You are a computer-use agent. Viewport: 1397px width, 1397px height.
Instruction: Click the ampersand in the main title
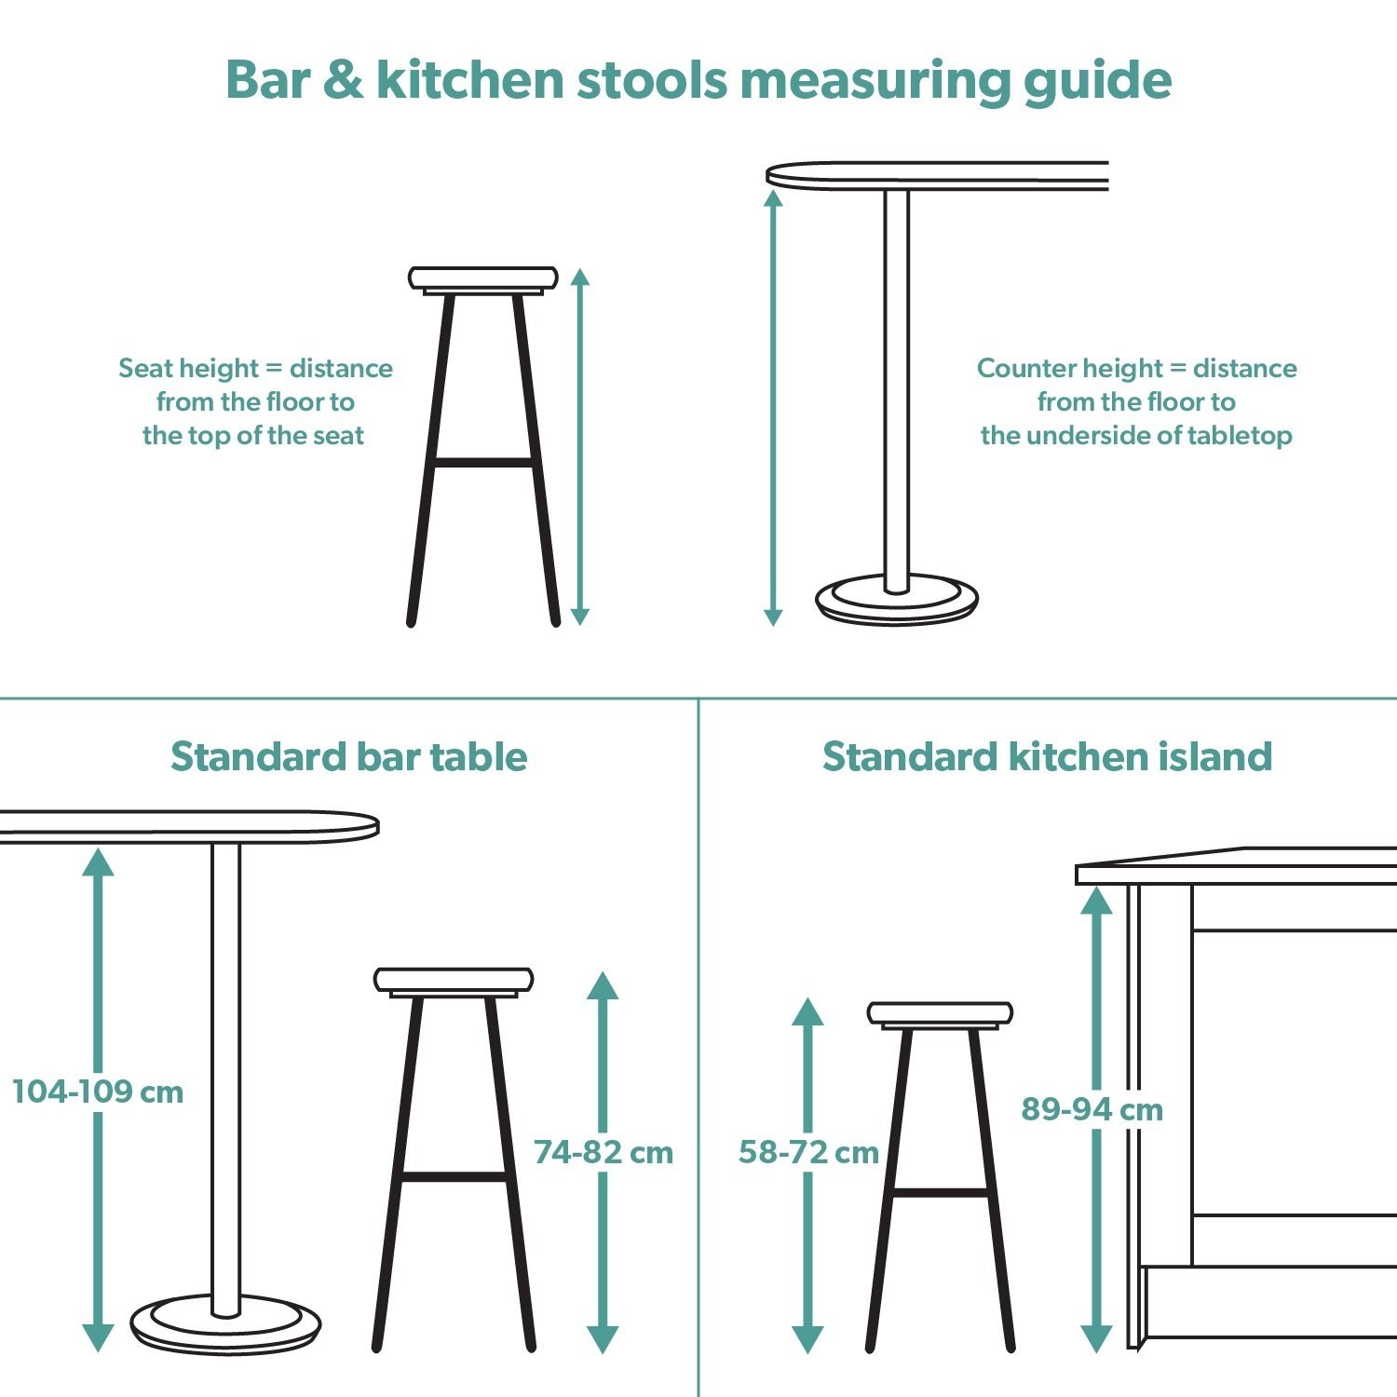coord(344,80)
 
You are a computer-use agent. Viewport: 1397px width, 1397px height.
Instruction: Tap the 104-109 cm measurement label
coord(98,1092)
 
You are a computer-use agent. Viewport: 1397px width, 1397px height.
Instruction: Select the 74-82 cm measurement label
coord(603,1152)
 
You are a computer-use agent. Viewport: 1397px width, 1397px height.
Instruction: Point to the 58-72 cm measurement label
coord(808,1152)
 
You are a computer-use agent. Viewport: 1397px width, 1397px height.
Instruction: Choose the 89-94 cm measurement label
coord(1092,1109)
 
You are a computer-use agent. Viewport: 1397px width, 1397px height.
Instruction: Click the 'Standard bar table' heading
coord(348,756)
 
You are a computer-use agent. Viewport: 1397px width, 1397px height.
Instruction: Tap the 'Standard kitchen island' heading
coord(1047,756)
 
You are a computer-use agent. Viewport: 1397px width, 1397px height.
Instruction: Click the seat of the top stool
coord(482,278)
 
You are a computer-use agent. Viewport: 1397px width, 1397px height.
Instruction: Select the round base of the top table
coord(897,601)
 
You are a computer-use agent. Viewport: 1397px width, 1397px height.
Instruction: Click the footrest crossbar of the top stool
coord(482,461)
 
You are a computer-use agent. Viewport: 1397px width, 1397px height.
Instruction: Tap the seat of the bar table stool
coord(454,979)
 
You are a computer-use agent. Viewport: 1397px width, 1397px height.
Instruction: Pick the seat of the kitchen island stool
coord(940,1013)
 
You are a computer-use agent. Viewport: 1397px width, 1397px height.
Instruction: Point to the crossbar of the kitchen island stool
coord(940,1191)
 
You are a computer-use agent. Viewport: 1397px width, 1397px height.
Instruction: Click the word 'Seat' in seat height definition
coord(146,368)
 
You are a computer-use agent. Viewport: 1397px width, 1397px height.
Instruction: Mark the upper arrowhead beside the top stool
coord(580,277)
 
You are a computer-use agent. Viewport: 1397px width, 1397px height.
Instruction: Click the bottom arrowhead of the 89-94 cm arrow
coord(1096,1339)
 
